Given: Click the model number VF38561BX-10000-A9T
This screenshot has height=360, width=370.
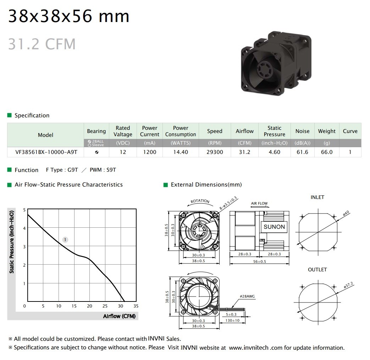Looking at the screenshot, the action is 46,152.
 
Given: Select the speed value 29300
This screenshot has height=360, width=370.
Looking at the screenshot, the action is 215,152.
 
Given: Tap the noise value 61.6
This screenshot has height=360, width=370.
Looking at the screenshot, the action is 302,152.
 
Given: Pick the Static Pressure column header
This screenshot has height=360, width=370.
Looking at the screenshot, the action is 275,131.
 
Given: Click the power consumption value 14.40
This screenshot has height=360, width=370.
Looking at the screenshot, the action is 181,152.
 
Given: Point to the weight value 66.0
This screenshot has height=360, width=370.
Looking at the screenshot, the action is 327,152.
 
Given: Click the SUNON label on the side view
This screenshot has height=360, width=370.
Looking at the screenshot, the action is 274,227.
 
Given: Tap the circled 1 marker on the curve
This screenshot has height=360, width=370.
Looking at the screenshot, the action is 65,240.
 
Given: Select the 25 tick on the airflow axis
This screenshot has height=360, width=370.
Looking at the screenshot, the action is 105,306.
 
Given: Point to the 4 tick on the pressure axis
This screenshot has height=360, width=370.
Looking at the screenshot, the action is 24,228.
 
